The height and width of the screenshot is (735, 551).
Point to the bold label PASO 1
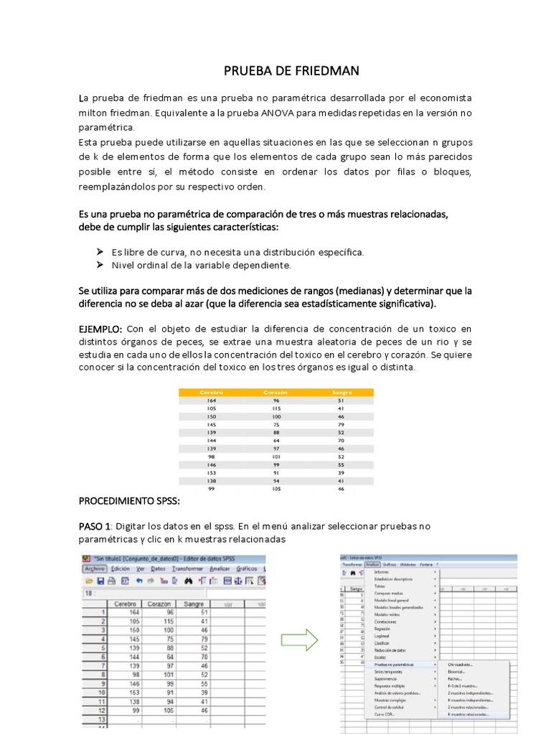(95, 527)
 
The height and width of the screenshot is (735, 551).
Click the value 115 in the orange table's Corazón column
(275, 408)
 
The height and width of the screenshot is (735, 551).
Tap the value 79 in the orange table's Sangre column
(342, 424)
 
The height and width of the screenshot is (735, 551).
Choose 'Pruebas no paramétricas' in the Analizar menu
(394, 665)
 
